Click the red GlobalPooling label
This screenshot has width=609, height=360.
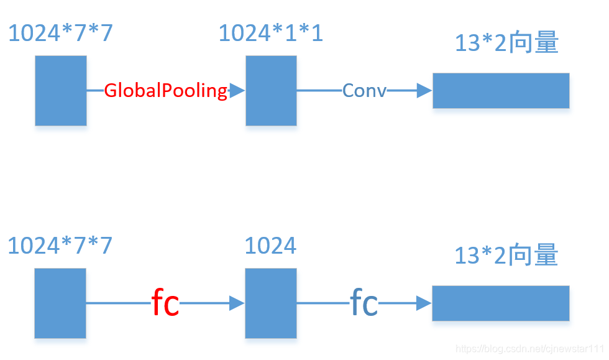tap(165, 91)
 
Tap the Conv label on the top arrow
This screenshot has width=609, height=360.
tap(364, 91)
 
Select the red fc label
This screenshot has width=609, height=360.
tap(165, 303)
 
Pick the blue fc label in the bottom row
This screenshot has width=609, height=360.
tap(364, 303)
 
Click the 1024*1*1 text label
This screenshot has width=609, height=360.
tap(271, 34)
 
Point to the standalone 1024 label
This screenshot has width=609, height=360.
tap(270, 246)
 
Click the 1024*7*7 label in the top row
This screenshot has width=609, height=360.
tap(60, 34)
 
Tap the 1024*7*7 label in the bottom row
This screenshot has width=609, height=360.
tap(60, 246)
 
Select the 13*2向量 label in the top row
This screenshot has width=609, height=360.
tap(506, 44)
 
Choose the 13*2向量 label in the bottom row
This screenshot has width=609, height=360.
tap(506, 256)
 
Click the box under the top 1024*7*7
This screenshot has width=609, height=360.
tap(61, 91)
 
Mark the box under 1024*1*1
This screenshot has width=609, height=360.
tap(271, 91)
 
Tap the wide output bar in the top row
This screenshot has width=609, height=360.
tap(501, 91)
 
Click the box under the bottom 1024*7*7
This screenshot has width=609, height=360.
tap(60, 303)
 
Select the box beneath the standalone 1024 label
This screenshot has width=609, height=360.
tap(270, 303)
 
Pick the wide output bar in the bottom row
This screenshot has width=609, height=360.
tap(501, 303)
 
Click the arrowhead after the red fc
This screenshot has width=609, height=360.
tap(237, 303)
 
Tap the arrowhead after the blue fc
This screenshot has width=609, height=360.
tap(424, 303)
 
